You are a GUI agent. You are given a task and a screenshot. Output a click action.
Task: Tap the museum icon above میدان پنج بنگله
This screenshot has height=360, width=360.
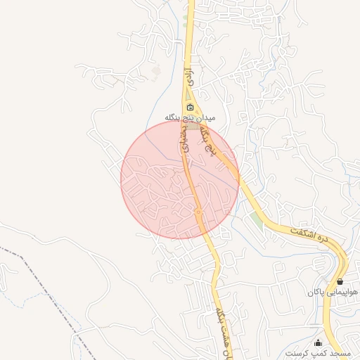(190, 107)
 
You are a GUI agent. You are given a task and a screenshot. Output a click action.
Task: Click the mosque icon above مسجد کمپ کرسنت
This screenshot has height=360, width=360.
(319, 342)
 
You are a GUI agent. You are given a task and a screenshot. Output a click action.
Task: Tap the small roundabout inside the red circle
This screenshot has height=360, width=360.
(198, 212)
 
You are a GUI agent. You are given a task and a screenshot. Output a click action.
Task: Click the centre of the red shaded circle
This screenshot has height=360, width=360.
(179, 179)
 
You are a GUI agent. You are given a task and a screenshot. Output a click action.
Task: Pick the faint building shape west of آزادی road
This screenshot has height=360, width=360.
(156, 71)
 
